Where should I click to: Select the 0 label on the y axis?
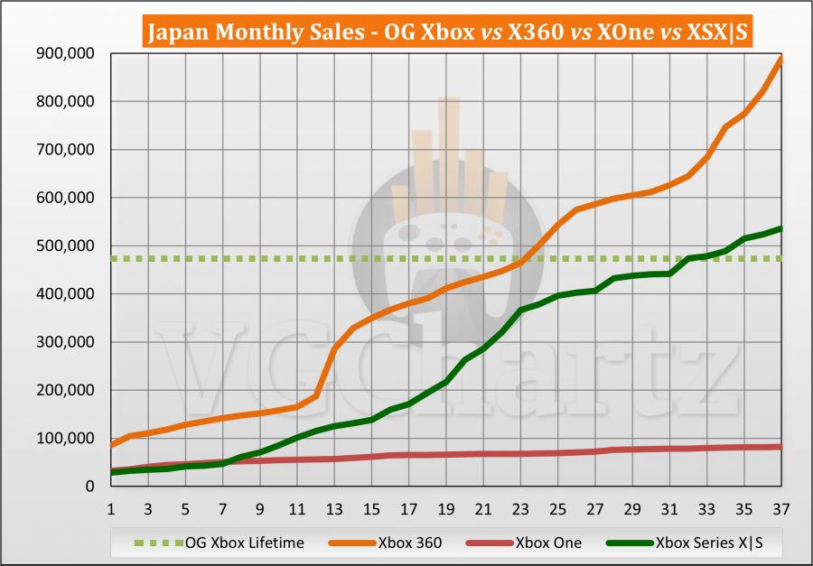[91, 486]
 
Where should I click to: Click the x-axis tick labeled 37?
[780, 507]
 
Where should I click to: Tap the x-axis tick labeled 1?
[111, 507]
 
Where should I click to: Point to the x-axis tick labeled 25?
[557, 507]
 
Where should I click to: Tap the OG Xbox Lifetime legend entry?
[226, 543]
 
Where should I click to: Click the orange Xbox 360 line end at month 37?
[780, 58]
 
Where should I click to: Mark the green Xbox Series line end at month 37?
[780, 228]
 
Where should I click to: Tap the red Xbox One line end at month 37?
[780, 447]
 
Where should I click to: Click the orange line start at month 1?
[111, 445]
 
